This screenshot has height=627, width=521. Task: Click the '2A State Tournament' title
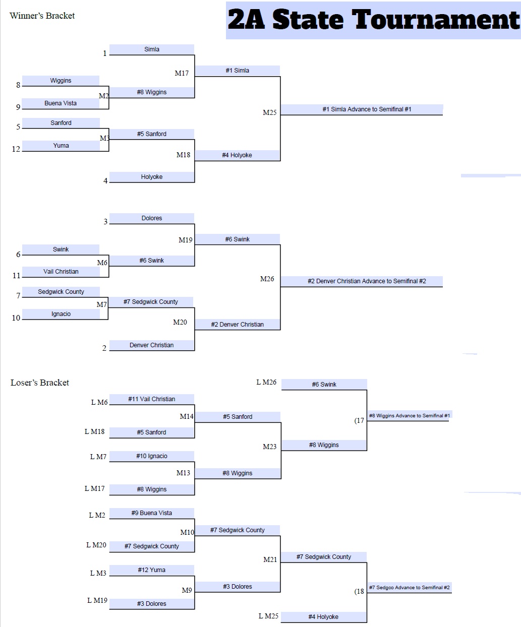tap(373, 21)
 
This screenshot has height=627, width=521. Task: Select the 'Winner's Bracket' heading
tap(42, 16)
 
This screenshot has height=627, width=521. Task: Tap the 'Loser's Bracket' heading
tap(39, 383)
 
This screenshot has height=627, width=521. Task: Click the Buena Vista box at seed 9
tap(61, 103)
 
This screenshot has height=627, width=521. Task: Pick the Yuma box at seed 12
tap(61, 146)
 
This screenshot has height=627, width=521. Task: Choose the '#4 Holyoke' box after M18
tap(237, 155)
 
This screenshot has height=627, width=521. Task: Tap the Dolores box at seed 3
tap(152, 218)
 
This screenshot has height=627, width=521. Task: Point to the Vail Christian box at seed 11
tap(61, 272)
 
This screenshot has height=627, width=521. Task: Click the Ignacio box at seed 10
tap(61, 314)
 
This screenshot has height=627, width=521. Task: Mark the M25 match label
tap(270, 112)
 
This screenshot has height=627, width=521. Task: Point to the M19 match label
tap(186, 240)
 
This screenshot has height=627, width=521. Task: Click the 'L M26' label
tap(266, 382)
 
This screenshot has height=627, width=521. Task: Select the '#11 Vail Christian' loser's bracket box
tap(151, 399)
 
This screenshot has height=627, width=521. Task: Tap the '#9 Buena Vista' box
tap(151, 513)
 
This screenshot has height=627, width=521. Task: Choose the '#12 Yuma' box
tap(151, 570)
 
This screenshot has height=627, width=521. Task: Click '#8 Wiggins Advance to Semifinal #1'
tap(409, 416)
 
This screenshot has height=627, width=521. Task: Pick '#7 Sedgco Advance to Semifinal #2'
tap(409, 588)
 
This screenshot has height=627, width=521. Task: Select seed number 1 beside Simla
tap(105, 53)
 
